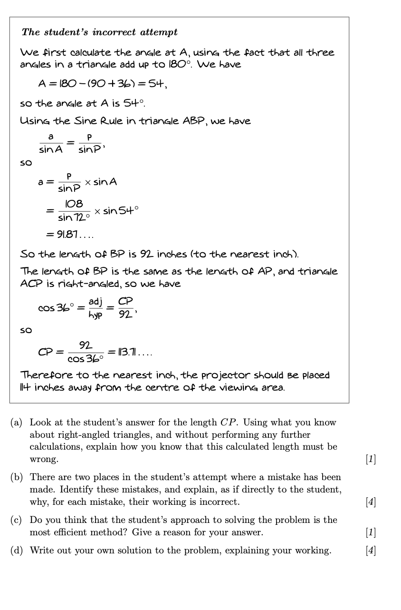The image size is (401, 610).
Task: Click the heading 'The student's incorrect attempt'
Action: (x=100, y=32)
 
